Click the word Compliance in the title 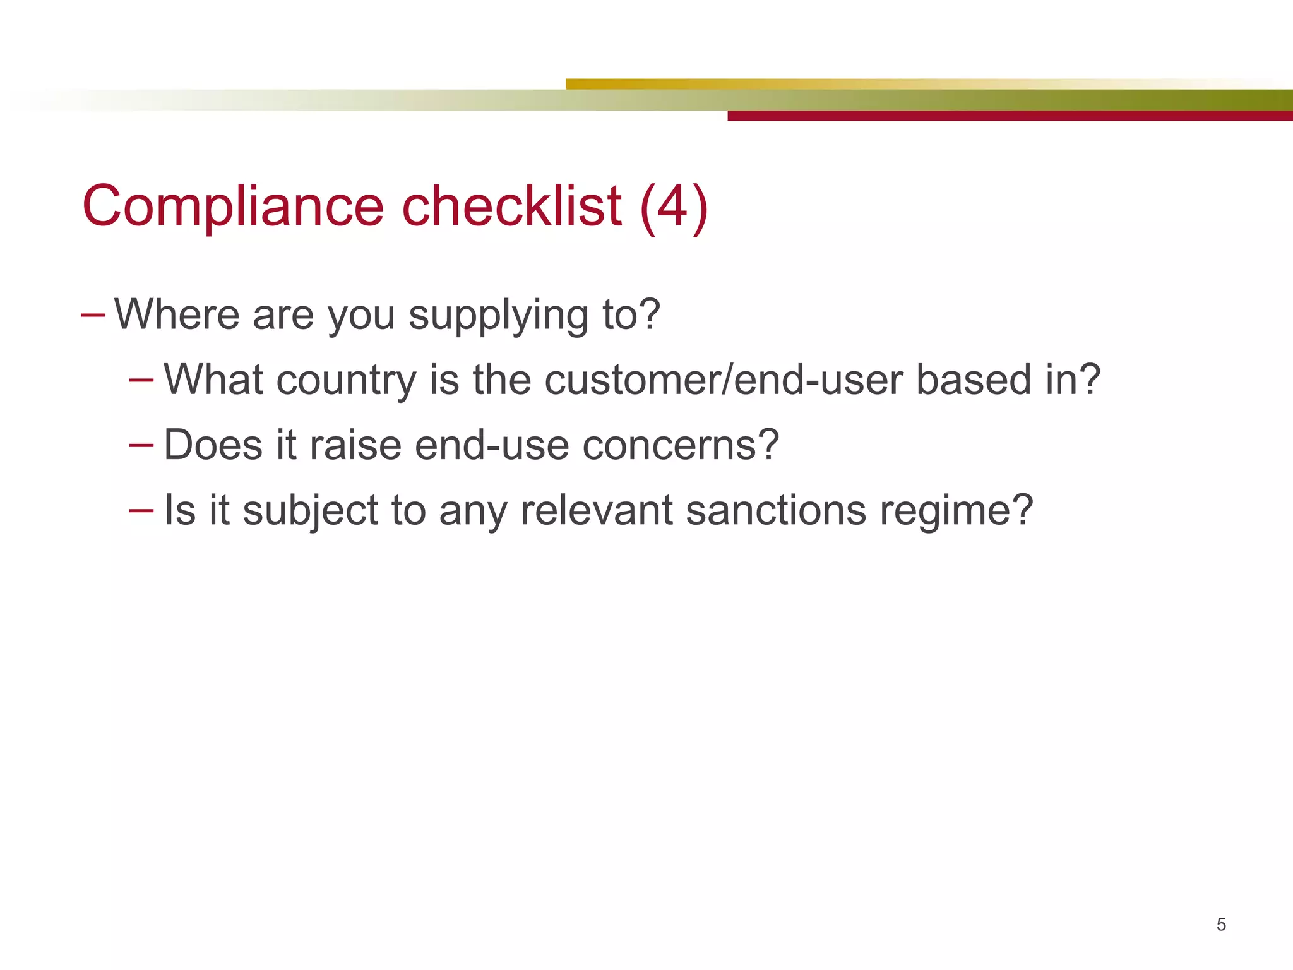coord(232,207)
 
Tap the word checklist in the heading coord(511,206)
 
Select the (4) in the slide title coord(674,207)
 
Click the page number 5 coord(1221,925)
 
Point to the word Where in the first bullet coord(177,314)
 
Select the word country coord(346,380)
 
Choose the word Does coord(213,445)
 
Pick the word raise coord(355,445)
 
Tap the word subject coord(310,510)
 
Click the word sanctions coord(776,510)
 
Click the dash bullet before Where coord(93,314)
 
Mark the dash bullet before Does coord(141,445)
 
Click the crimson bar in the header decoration coord(1010,116)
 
